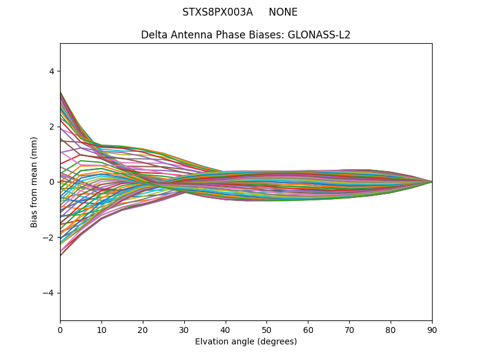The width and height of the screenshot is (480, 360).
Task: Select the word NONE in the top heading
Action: tap(283, 12)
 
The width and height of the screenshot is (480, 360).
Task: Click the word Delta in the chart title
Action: tap(154, 35)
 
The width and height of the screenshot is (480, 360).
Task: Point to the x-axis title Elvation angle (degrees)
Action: tap(246, 341)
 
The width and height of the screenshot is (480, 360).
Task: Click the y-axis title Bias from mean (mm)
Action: tap(34, 182)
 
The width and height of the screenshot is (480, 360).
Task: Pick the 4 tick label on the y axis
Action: tap(52, 71)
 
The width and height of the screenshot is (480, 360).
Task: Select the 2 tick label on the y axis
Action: tap(52, 127)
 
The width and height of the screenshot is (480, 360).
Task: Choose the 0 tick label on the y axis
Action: tap(52, 182)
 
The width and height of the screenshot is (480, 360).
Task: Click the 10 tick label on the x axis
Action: tap(101, 329)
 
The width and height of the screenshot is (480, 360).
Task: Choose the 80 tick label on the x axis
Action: tap(391, 329)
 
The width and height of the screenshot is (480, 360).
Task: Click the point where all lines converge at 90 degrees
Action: tap(431, 182)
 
